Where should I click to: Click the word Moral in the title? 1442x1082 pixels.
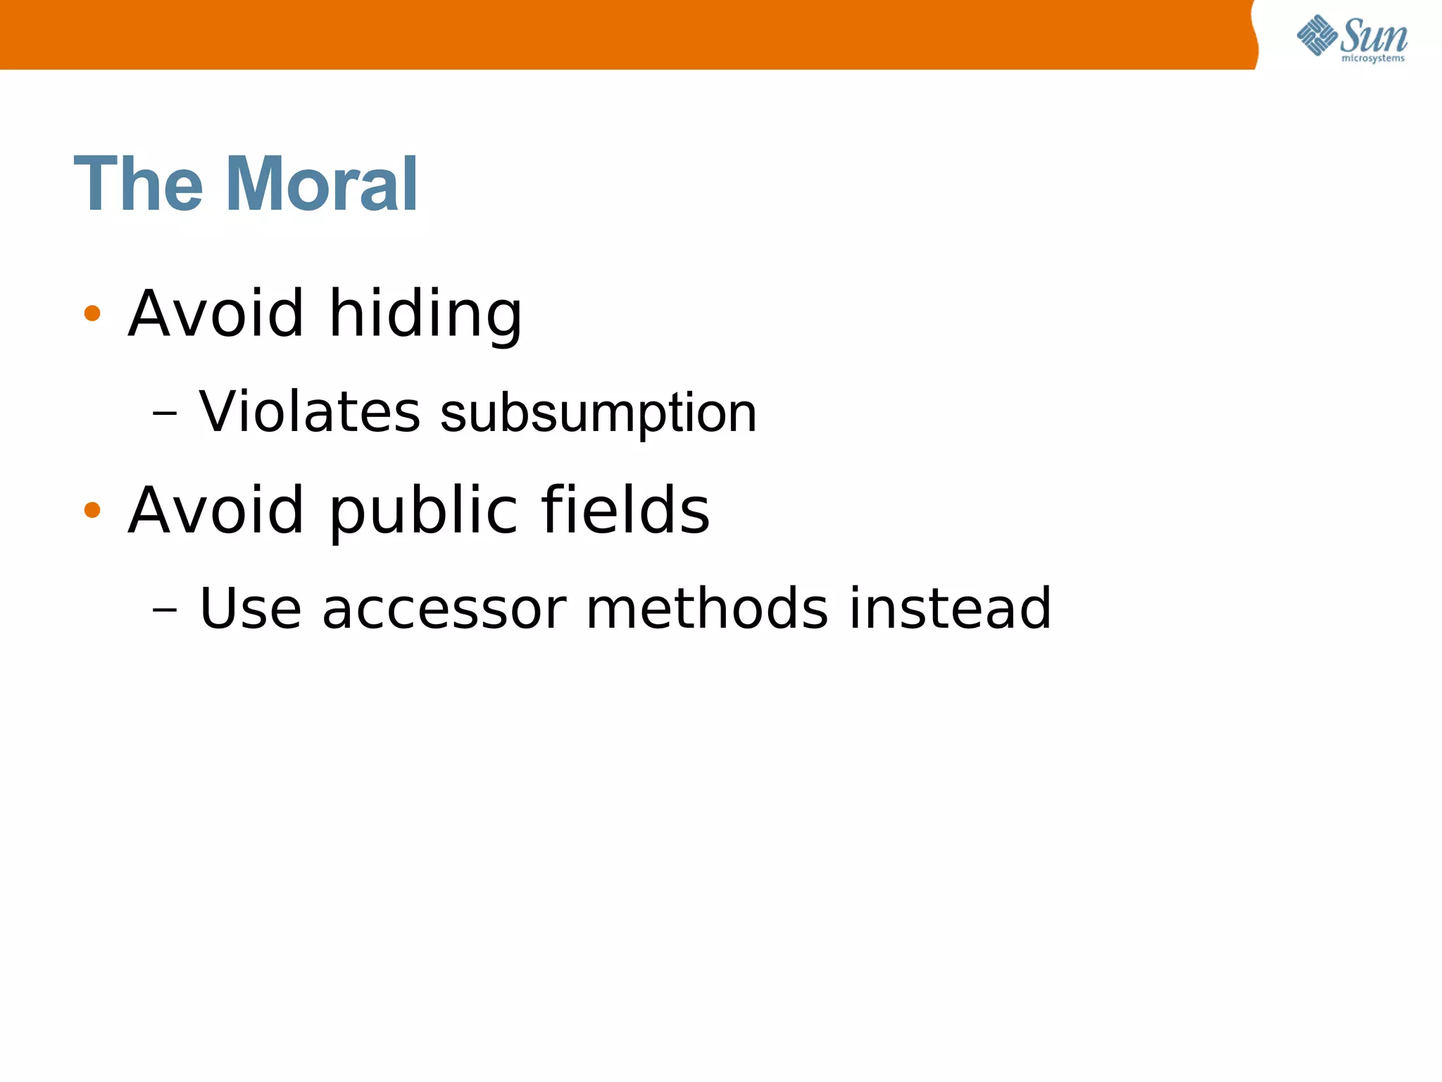[x=322, y=185]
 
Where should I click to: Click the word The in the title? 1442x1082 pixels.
[x=138, y=185]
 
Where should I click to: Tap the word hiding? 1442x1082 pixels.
[x=425, y=314]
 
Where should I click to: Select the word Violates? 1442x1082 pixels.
[x=310, y=411]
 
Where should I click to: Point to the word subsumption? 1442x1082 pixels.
[x=598, y=414]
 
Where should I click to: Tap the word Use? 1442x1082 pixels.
[x=251, y=609]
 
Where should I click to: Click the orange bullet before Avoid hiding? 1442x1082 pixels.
[x=92, y=313]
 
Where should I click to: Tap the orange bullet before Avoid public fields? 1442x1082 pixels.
[x=92, y=509]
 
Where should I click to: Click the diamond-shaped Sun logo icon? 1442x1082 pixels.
[x=1317, y=35]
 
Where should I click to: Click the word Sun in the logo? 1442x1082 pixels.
[x=1374, y=35]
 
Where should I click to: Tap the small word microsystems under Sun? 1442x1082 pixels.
[x=1372, y=58]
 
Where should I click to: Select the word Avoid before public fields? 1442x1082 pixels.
[x=216, y=509]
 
